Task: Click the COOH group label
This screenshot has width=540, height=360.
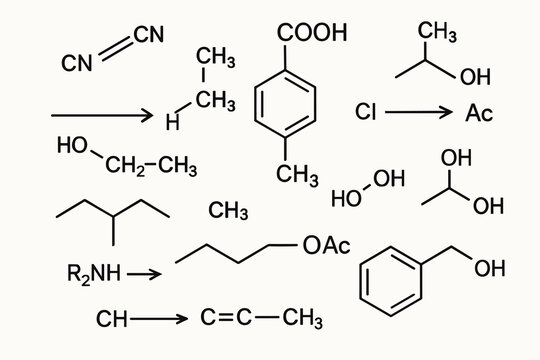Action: click(311, 33)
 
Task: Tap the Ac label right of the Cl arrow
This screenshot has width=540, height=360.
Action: click(479, 112)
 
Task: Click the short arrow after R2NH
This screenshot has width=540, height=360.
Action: click(144, 272)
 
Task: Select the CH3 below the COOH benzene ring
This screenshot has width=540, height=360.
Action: click(297, 175)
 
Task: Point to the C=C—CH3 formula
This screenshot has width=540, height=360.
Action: click(261, 319)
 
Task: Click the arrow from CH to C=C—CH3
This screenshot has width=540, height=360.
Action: click(159, 320)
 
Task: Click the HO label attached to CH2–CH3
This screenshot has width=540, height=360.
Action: click(72, 146)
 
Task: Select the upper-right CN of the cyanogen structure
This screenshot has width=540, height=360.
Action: click(147, 35)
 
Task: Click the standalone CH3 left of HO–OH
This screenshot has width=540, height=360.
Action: click(228, 210)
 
